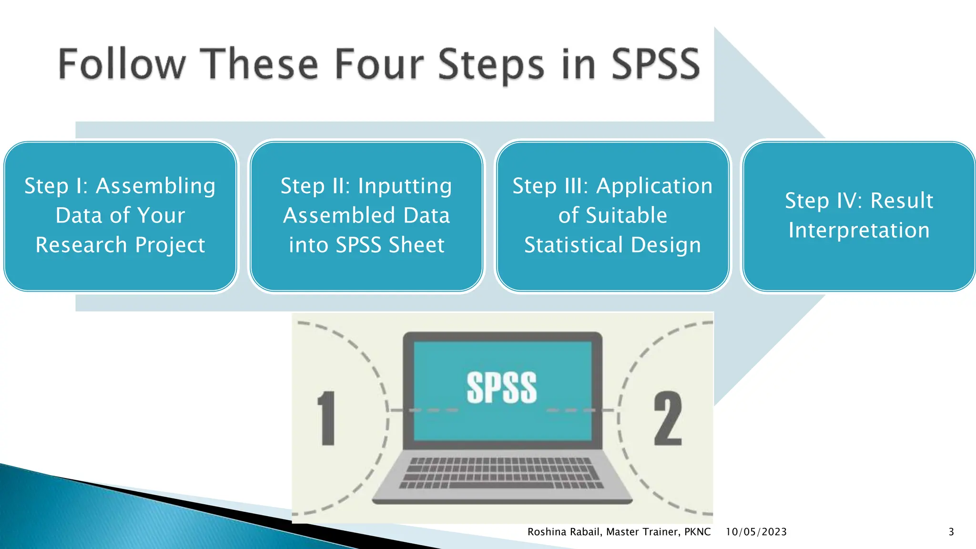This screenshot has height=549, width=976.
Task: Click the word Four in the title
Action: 379,64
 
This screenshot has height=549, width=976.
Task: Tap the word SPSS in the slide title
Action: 655,64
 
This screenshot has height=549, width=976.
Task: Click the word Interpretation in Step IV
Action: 859,230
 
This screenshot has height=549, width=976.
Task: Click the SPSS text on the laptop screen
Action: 501,388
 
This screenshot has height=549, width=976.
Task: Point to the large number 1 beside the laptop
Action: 327,418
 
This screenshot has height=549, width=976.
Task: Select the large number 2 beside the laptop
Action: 668,418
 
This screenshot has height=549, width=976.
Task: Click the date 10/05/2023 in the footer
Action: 756,532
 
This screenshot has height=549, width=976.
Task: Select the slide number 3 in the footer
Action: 951,532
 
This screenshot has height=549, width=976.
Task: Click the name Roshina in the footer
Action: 546,532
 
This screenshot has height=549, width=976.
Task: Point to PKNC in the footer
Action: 697,532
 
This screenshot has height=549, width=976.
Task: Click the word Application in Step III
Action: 654,186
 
